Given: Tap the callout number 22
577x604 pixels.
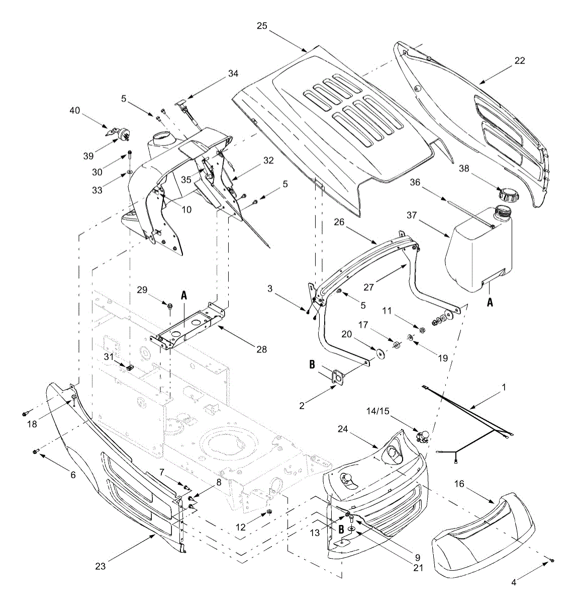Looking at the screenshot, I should (519, 60).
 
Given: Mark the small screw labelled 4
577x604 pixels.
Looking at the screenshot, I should (552, 560).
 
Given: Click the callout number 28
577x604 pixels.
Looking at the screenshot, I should (261, 349).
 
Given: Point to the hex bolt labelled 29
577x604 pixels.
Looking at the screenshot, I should (170, 306).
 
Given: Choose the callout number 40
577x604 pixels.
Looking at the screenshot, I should (74, 111).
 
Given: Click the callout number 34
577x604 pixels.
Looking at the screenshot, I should (233, 73).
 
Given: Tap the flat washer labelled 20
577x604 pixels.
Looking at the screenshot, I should (380, 352).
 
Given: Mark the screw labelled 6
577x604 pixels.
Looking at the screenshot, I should (36, 451).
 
